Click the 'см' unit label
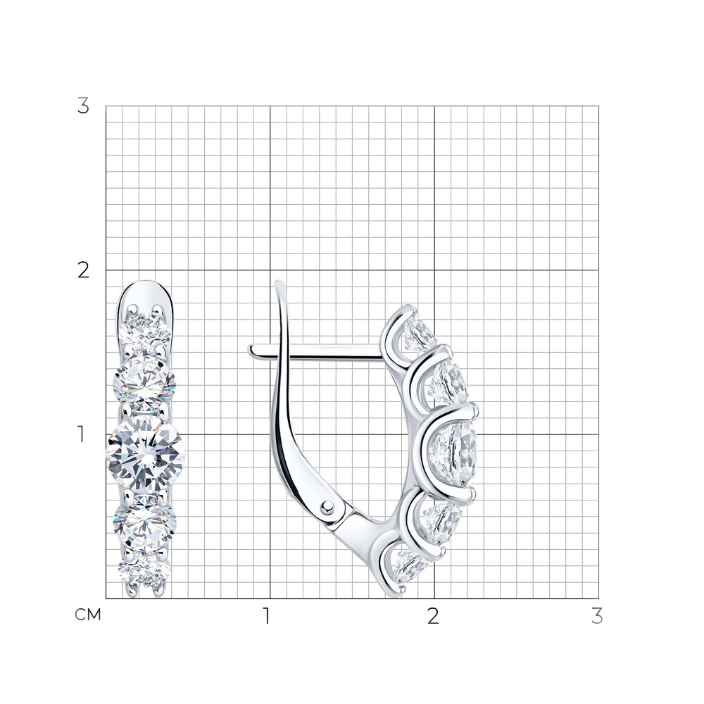(x=88, y=615)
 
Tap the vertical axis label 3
(x=84, y=106)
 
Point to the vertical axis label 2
(x=84, y=271)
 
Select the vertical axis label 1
(x=81, y=434)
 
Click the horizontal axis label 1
(x=267, y=616)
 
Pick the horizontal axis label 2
(x=433, y=616)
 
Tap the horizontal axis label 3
(x=597, y=616)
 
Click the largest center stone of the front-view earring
(x=146, y=453)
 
